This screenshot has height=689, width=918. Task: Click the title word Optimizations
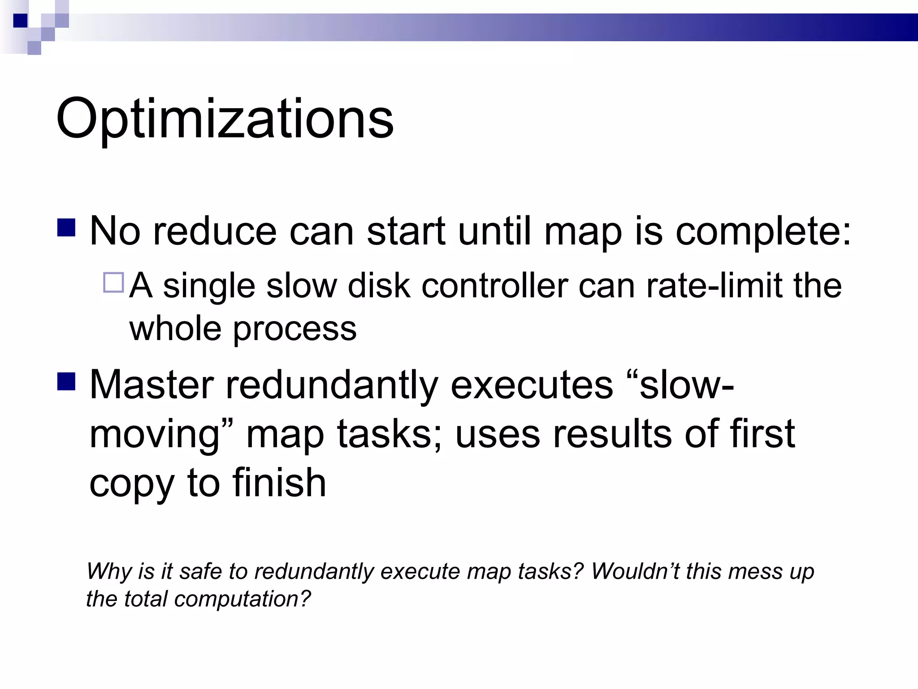click(224, 120)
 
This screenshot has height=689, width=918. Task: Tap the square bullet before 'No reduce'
click(66, 227)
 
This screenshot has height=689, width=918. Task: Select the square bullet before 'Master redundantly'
click(66, 381)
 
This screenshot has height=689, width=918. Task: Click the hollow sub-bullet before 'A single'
click(113, 283)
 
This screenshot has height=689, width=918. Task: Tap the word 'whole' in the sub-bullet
click(175, 329)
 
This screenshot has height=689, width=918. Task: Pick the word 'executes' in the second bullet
click(531, 385)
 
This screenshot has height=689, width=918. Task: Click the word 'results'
click(612, 434)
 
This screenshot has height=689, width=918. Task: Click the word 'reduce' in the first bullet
click(215, 232)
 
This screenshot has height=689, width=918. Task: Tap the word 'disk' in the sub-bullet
click(379, 286)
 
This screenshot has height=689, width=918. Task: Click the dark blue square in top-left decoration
click(20, 21)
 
